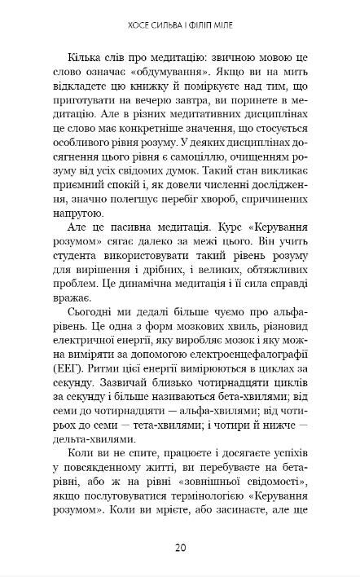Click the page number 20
coord(180,546)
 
